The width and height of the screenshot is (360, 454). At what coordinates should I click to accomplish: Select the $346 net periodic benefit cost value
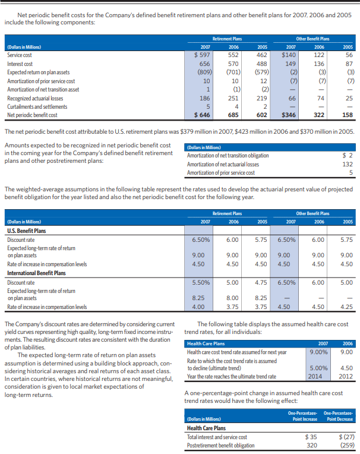(288, 114)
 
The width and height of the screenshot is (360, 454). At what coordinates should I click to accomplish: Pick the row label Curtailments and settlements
(36, 106)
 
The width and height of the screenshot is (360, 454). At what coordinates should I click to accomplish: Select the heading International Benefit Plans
(36, 273)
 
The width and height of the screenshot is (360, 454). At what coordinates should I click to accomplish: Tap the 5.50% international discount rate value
(202, 282)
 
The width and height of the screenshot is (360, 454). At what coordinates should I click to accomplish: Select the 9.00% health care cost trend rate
(318, 351)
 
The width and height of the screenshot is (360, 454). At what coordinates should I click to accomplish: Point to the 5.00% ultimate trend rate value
(318, 368)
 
